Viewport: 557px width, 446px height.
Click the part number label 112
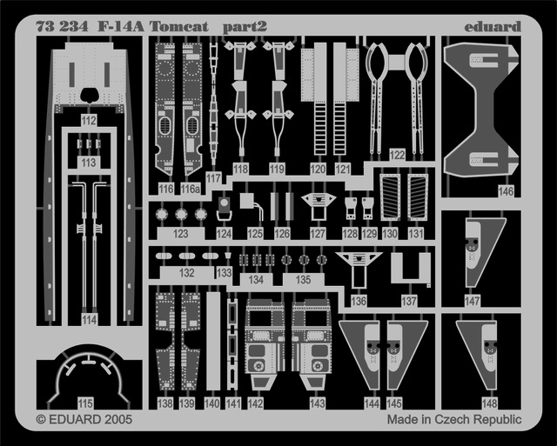tap(89, 120)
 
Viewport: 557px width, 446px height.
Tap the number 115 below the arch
tap(85, 403)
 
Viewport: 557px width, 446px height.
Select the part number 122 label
tap(397, 155)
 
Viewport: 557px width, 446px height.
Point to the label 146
tap(506, 191)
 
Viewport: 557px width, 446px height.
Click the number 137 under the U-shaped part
tap(409, 301)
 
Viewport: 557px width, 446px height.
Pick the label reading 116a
tap(190, 190)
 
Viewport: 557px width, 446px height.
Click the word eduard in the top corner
tap(493, 27)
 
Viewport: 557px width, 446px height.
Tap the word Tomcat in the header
tap(178, 27)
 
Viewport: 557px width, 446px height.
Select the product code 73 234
tap(62, 27)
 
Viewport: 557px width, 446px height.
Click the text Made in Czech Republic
tap(454, 419)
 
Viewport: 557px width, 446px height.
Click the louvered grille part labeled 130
tap(390, 197)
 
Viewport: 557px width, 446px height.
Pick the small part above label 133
tap(228, 256)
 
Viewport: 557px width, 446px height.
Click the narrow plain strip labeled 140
tap(213, 342)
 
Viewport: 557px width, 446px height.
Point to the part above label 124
tap(225, 210)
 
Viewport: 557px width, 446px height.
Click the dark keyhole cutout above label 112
tap(89, 95)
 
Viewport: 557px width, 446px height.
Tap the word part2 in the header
tap(245, 27)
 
